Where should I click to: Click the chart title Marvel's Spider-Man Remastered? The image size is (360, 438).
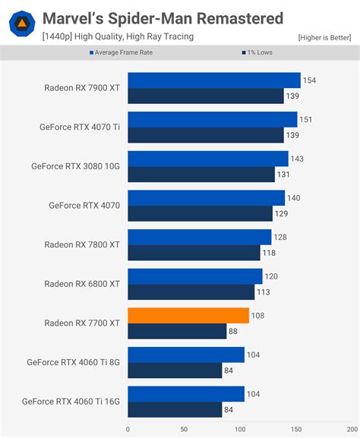(x=163, y=18)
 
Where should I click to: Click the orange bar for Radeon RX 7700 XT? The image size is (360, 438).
(x=188, y=315)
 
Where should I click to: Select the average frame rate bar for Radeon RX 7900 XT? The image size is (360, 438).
(x=214, y=80)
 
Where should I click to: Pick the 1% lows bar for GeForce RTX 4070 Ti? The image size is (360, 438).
(x=206, y=135)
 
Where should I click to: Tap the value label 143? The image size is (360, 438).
(x=298, y=159)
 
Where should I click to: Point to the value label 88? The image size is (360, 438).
(x=235, y=331)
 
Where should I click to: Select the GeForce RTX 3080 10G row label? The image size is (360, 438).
(x=75, y=166)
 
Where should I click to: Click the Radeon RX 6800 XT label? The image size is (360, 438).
(x=82, y=284)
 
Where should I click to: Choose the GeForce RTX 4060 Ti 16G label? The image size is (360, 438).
(x=71, y=402)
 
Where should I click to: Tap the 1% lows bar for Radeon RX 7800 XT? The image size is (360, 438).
(x=194, y=253)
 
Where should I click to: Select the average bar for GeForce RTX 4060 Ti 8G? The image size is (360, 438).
(x=186, y=354)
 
